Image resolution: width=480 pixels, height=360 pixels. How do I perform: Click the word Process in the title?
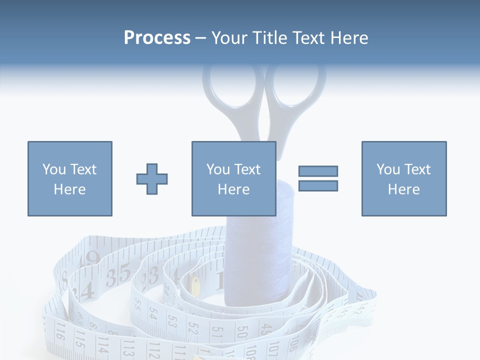click(x=157, y=37)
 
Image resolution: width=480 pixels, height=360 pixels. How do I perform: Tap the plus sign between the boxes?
click(x=152, y=179)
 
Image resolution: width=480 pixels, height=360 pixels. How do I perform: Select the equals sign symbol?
click(x=318, y=178)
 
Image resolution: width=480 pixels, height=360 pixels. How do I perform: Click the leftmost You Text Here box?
click(x=69, y=179)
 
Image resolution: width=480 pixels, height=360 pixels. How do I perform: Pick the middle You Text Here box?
click(x=233, y=179)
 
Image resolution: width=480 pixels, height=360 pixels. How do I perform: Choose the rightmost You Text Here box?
click(x=403, y=179)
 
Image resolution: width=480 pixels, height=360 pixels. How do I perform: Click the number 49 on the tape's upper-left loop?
click(x=92, y=258)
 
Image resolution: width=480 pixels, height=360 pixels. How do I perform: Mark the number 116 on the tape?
click(x=60, y=332)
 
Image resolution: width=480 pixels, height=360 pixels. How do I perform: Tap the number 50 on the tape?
click(x=242, y=332)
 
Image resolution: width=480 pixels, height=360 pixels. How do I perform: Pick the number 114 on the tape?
click(x=102, y=344)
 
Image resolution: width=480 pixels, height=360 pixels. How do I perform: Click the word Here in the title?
click(x=350, y=37)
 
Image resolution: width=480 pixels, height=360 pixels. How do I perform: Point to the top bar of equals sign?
click(x=318, y=171)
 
